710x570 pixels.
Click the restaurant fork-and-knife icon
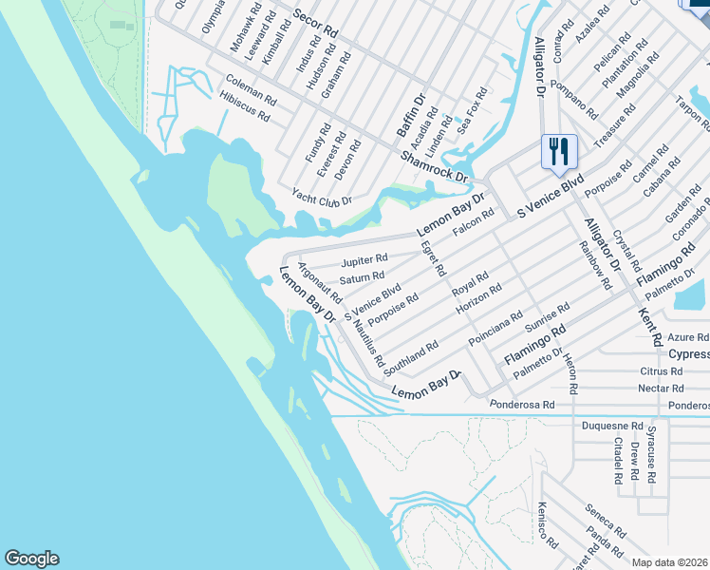coord(558,150)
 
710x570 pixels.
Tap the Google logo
coord(31,559)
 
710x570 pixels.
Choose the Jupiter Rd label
coord(364,259)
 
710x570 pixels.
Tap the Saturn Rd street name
coord(362,279)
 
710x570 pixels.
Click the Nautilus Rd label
coord(367,343)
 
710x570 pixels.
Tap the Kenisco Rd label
coord(548,524)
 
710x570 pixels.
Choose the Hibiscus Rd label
coord(244,106)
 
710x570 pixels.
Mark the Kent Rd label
coord(650,325)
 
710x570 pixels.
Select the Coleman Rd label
coord(251,89)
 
